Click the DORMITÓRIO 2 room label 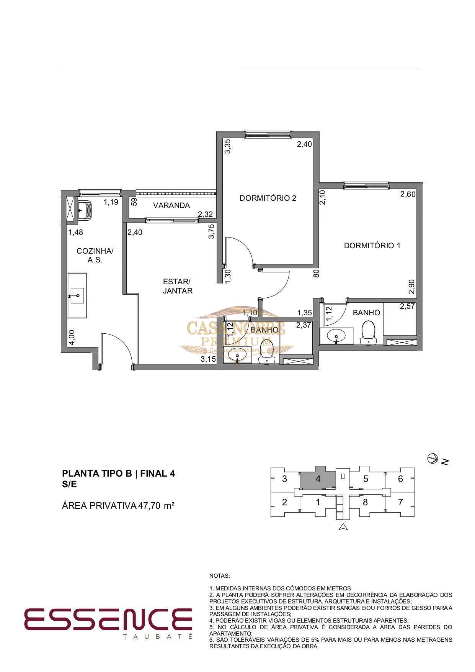(268, 198)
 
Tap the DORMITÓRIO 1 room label (372, 246)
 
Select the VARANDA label (171, 205)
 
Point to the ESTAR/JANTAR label (178, 286)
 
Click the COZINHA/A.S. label (95, 255)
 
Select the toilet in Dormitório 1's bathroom (369, 333)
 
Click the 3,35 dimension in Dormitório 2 (227, 146)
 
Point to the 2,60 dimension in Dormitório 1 (408, 194)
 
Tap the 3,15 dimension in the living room (209, 359)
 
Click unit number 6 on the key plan (400, 479)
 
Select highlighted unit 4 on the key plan (318, 479)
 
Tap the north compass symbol (433, 458)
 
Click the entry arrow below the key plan (343, 527)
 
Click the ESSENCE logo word (108, 619)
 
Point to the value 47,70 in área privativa (150, 506)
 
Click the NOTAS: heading (220, 576)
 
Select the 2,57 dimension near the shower (408, 306)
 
